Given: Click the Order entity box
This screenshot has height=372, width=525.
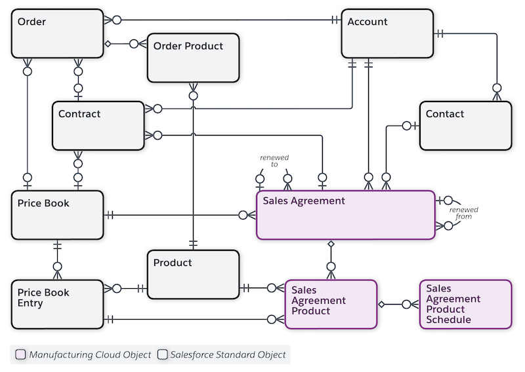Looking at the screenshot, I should pos(58,33).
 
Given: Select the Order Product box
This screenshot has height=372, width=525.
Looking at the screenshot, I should pos(193,58).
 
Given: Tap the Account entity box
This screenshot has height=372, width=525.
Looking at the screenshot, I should pos(387,33).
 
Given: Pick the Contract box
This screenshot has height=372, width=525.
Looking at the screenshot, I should pos(98,125).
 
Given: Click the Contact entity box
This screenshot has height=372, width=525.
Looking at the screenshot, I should pos(465,125).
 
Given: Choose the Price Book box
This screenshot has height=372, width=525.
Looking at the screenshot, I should pos(58,215).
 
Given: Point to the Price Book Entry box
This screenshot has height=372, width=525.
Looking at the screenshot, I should pos(58,304).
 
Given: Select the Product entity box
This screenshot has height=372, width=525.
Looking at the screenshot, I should pos(193,274).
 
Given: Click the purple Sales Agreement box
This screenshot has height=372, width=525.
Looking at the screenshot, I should pos(345,215).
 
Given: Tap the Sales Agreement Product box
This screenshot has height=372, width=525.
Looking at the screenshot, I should pos(331,304).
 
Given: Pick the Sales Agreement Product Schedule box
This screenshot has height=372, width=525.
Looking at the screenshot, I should pos(465,304).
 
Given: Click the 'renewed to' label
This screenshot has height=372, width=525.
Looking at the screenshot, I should pos(274,161).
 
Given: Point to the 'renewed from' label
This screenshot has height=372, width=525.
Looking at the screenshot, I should pos(464,213).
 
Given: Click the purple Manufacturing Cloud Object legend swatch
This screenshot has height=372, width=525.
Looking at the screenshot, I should pos(20,354).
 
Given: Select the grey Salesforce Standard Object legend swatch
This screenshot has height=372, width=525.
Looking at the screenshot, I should pos(163,354).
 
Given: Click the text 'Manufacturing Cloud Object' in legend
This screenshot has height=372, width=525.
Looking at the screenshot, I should pos(88,354).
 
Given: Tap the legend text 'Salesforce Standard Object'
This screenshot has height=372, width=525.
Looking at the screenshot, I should pos(228,354).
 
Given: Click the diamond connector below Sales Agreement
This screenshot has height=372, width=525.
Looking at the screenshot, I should pos(331,244).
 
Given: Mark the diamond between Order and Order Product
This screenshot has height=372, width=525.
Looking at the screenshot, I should pos(109,44).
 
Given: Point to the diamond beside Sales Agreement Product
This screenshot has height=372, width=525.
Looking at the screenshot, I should pos(381,304).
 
